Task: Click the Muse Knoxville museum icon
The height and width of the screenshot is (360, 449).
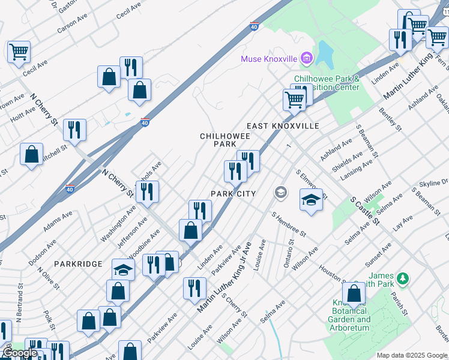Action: pyautogui.click(x=307, y=58)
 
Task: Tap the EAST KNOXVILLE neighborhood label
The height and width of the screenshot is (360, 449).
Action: pyautogui.click(x=283, y=126)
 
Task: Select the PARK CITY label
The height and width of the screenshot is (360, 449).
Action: pyautogui.click(x=233, y=194)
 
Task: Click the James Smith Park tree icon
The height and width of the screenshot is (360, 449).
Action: pyautogui.click(x=403, y=278)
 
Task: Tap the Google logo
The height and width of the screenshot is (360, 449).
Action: pyautogui.click(x=20, y=353)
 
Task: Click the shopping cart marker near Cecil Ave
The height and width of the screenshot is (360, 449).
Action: pyautogui.click(x=19, y=52)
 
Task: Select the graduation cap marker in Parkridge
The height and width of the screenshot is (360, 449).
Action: pyautogui.click(x=123, y=269)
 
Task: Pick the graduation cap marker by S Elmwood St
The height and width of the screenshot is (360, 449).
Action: pyautogui.click(x=311, y=199)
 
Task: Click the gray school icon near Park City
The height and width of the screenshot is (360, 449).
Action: pyautogui.click(x=280, y=193)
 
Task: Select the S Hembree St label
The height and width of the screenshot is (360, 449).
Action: pyautogui.click(x=289, y=223)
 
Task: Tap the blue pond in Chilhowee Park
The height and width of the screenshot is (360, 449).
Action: pyautogui.click(x=325, y=55)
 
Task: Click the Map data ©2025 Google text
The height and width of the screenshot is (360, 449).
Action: pyautogui.click(x=412, y=355)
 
